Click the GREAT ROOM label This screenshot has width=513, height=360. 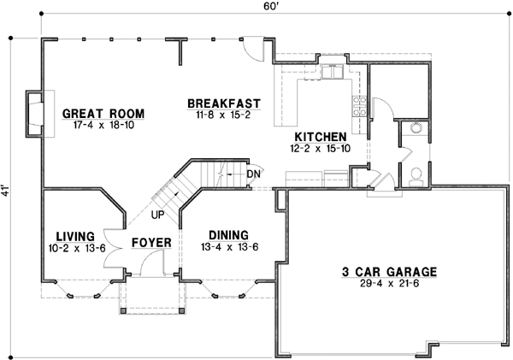pyautogui.click(x=103, y=114)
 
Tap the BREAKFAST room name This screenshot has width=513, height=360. pyautogui.click(x=224, y=103)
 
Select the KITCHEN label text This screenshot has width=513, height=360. pyautogui.click(x=321, y=137)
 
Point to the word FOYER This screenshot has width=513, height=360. pyautogui.click(x=151, y=243)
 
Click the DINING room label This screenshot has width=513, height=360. pyautogui.click(x=227, y=235)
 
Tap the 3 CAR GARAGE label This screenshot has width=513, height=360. pyautogui.click(x=389, y=272)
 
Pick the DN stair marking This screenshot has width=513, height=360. pyautogui.click(x=253, y=174)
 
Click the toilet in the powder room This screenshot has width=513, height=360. pyautogui.click(x=416, y=175)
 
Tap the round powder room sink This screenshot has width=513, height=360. pyautogui.click(x=416, y=128)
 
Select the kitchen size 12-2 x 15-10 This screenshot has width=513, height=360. pyautogui.click(x=321, y=148)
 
